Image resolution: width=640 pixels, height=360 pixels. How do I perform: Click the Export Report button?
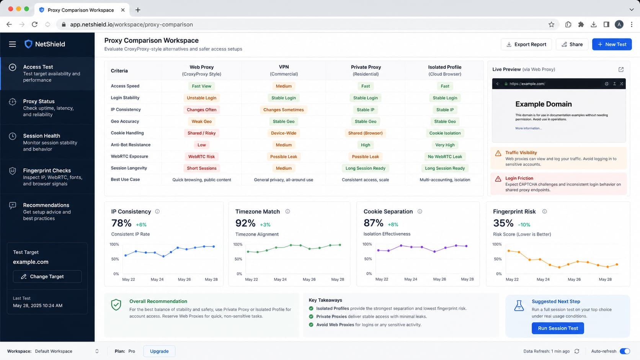coord(526,44)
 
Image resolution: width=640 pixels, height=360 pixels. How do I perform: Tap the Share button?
coord(572,44)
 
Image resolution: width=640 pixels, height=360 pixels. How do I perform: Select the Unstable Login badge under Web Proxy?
coord(201,98)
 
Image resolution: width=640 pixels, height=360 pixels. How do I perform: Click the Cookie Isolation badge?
coord(444,133)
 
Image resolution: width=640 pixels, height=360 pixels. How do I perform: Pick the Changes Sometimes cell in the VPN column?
coord(283,110)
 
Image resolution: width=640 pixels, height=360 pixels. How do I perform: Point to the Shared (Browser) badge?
coord(365,133)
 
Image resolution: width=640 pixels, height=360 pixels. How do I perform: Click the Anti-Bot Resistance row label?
coord(131,145)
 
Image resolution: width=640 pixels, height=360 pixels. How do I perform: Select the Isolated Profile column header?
coord(444,70)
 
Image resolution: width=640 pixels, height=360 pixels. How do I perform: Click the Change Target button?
coord(47,276)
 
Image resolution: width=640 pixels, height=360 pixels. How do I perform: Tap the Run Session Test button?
coord(558,328)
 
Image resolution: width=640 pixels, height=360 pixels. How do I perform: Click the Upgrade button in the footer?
coord(159,351)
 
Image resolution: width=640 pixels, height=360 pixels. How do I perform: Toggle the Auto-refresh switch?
coord(625,351)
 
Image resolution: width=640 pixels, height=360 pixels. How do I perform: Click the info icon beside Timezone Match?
coord(287,212)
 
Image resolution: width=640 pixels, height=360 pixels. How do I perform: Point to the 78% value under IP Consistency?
coord(121,223)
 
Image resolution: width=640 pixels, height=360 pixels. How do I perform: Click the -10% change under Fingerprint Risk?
coord(524,225)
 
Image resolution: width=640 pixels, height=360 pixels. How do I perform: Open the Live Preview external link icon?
coord(621,69)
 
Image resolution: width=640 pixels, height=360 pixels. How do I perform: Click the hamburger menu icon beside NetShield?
coord(12,44)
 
